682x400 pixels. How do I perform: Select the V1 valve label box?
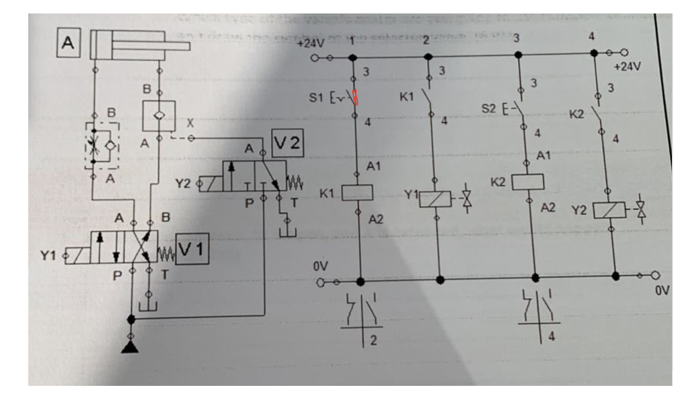pyautogui.click(x=192, y=249)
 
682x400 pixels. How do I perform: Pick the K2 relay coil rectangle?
pyautogui.click(x=527, y=182)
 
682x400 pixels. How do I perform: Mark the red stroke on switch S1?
pyautogui.click(x=356, y=98)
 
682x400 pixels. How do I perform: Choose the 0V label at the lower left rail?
pyautogui.click(x=319, y=266)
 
